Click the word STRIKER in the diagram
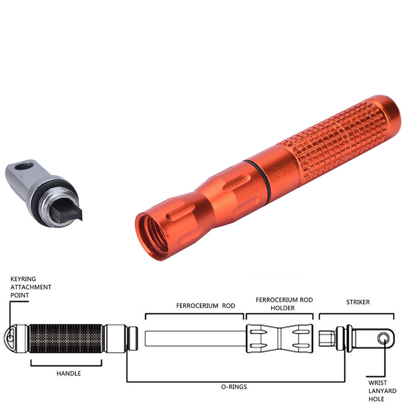coord(358,302)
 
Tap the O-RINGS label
coord(234,387)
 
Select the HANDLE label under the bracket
coord(69,373)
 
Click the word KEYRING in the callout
coord(23,279)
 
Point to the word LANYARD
coord(382,391)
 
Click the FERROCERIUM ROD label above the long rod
coord(206,306)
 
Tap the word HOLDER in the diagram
coord(282,308)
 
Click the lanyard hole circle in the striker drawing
coord(384,338)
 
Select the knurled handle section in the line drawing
coord(66,338)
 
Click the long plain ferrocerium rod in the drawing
coord(195,338)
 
